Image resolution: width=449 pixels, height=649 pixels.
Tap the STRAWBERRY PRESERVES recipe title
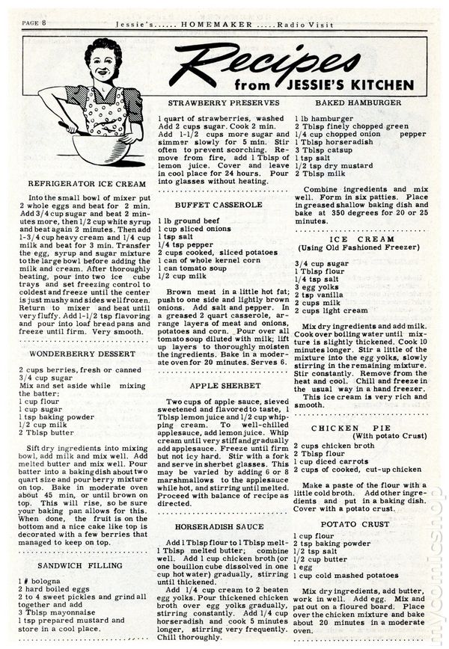coord(224,102)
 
